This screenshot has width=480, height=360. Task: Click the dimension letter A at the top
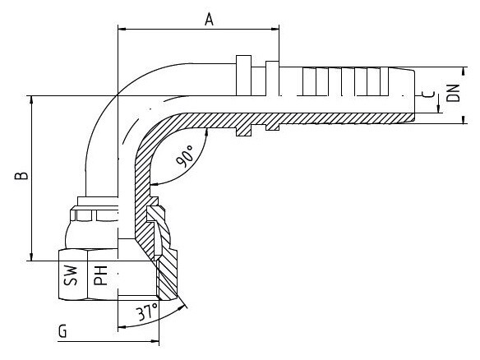point(209,19)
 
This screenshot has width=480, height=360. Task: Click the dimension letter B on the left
point(21,175)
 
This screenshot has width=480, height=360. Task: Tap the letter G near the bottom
point(62,331)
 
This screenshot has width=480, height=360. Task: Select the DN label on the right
point(453,93)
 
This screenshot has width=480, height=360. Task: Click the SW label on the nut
point(71,276)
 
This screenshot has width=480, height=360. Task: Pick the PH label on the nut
point(100,275)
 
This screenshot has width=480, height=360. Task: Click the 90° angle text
point(185,156)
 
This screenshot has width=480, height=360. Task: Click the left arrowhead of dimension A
point(122,30)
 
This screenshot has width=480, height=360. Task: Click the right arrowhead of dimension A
point(275,30)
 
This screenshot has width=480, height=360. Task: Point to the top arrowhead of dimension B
point(31,99)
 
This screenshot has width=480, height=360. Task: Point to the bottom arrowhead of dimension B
point(31,256)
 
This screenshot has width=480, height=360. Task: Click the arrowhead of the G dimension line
point(155,341)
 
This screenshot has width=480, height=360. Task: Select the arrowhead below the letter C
point(438,108)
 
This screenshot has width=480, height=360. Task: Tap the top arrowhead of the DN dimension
point(464,71)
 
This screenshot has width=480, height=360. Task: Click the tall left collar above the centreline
point(243,76)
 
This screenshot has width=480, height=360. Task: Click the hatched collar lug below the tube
point(243,130)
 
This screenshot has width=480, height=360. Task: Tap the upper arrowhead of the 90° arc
point(206,132)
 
